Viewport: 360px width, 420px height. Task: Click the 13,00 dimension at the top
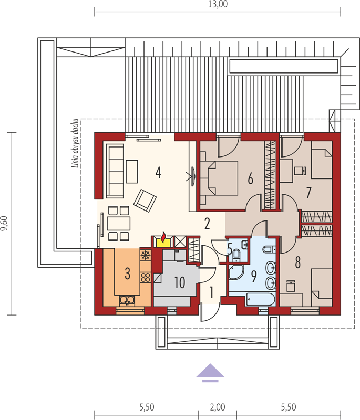point(218,4)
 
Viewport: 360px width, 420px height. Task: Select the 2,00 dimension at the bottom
point(218,407)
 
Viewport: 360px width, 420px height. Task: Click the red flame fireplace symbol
point(163,237)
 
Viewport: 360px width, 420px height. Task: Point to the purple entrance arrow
point(210,372)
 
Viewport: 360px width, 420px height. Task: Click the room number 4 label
point(158,173)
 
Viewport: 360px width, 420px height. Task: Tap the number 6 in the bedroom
point(250,178)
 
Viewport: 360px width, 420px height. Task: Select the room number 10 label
point(180,282)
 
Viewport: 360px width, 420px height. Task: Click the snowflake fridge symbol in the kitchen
point(145,255)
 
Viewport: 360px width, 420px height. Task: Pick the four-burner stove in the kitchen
point(146,277)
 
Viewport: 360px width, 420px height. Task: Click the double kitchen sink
point(127,300)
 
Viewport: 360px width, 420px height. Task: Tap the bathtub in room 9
point(260,299)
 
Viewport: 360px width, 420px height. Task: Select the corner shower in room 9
point(235,272)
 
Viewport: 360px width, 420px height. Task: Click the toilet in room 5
point(236,254)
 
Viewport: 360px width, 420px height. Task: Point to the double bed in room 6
point(219,178)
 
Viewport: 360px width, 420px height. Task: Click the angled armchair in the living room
point(145,201)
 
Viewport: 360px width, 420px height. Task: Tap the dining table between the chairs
point(118,224)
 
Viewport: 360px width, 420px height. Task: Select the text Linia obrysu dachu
point(76,143)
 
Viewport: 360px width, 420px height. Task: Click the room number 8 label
point(297,263)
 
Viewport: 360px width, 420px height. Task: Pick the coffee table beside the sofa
point(132,172)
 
